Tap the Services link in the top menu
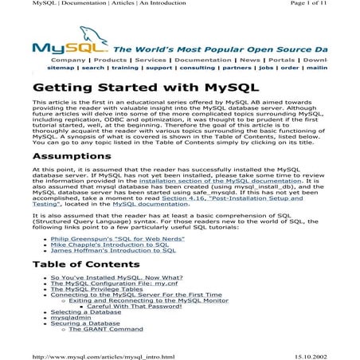pyautogui.click(x=151, y=60)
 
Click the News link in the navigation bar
pyautogui.click(x=250, y=60)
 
